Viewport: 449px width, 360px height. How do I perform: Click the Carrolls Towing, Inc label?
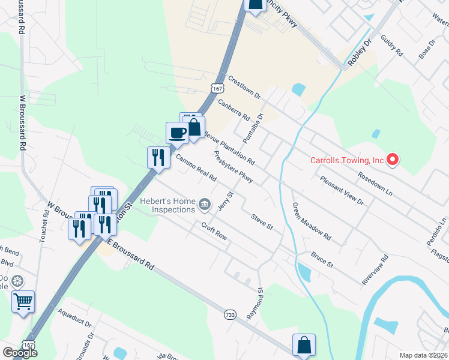click(346, 160)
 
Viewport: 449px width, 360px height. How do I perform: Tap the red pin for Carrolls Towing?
click(393, 160)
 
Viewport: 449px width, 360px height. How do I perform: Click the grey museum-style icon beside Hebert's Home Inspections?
click(205, 205)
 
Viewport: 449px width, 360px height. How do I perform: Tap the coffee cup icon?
click(177, 133)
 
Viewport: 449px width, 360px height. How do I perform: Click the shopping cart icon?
click(23, 302)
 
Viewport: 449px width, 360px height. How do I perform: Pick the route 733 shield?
click(229, 314)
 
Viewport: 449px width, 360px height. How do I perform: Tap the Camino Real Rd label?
click(196, 169)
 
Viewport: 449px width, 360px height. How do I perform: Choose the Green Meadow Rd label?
click(312, 221)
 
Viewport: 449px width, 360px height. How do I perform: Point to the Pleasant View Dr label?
click(342, 191)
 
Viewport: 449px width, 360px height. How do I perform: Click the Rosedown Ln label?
click(374, 184)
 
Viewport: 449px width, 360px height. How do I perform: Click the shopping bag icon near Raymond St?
click(304, 345)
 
